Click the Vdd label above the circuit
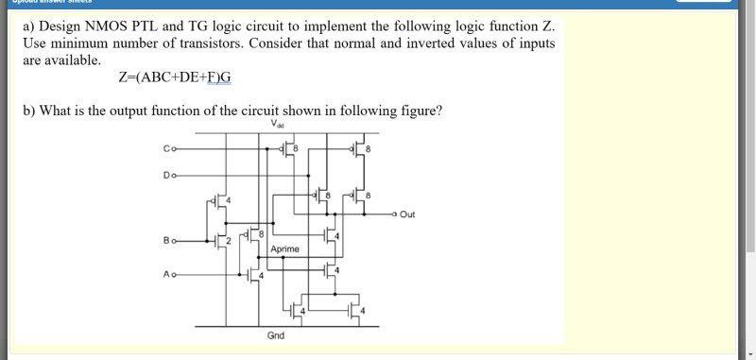coord(276,124)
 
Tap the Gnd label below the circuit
coord(276,335)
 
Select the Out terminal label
coord(407,214)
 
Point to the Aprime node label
coord(284,249)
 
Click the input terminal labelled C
coord(168,148)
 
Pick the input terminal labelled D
coord(168,175)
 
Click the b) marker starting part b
coord(29,111)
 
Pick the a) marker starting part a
coord(29,26)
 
